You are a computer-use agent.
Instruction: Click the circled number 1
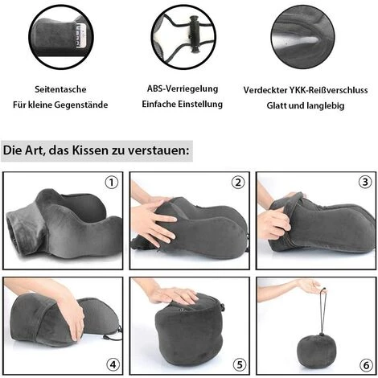112,183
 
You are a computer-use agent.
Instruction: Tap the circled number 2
238,183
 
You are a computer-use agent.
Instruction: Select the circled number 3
365,183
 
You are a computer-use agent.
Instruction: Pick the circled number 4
113,364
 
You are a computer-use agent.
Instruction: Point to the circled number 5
240,364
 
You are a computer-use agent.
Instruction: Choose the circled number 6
366,365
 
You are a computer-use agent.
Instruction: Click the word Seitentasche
60,89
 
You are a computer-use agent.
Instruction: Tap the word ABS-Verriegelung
183,88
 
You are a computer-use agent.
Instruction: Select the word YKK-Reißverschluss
328,90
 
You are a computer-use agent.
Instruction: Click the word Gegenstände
81,105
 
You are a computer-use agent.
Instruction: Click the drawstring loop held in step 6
322,311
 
